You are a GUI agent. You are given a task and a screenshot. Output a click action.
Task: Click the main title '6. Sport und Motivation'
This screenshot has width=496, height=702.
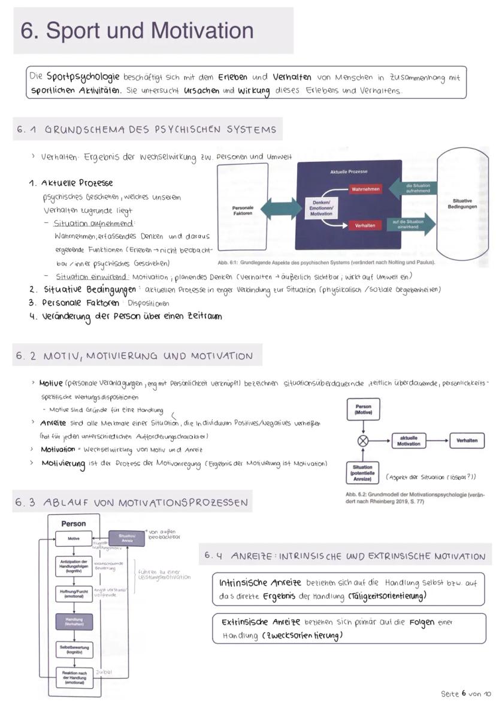137,31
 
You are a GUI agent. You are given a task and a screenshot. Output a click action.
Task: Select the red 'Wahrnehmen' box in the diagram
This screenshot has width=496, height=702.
365,189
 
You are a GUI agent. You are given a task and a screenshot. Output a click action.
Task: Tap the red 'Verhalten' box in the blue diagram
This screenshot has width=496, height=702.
365,225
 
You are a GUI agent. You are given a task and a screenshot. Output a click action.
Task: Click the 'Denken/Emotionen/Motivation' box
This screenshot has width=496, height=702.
321,209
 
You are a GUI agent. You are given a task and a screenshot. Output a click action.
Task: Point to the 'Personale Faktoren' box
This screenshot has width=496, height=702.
243,210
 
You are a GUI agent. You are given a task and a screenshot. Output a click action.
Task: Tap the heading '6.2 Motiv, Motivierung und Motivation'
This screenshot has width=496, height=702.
135,355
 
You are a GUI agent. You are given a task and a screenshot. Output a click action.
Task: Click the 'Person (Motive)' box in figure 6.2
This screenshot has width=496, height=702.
363,410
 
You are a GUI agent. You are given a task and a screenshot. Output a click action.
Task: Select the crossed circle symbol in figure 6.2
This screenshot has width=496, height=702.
362,441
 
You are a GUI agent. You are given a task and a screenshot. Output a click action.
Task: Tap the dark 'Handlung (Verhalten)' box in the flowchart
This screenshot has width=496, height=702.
74,622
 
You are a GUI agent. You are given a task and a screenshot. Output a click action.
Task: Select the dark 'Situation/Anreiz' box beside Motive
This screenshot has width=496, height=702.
126,538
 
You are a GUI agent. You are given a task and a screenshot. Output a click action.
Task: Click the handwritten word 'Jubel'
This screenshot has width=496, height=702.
104,673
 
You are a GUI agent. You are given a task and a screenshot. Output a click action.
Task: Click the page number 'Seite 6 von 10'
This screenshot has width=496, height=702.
465,694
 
